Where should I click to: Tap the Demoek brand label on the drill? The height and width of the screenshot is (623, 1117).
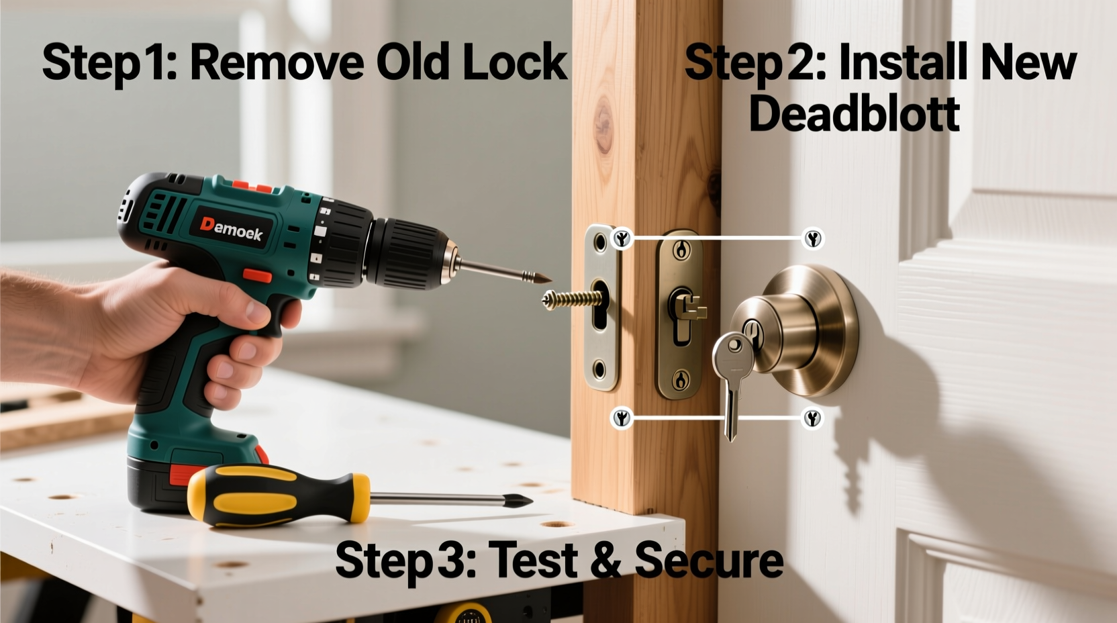click(x=232, y=229)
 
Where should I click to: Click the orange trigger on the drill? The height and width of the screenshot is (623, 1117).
click(x=256, y=275)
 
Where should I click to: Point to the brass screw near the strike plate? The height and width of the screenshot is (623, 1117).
click(x=569, y=297)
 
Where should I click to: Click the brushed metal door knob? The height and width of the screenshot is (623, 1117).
click(x=792, y=329)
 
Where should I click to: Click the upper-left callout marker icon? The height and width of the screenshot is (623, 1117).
click(x=622, y=238)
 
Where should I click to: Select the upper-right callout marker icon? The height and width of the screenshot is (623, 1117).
click(x=813, y=238)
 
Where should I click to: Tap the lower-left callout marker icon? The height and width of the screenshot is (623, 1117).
click(x=622, y=418)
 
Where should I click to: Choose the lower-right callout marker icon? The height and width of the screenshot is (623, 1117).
click(x=813, y=418)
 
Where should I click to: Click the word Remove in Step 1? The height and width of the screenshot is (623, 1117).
click(x=277, y=62)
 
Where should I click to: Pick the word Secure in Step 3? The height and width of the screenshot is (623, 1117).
click(x=709, y=560)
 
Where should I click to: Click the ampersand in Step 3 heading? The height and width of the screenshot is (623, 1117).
click(x=607, y=561)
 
